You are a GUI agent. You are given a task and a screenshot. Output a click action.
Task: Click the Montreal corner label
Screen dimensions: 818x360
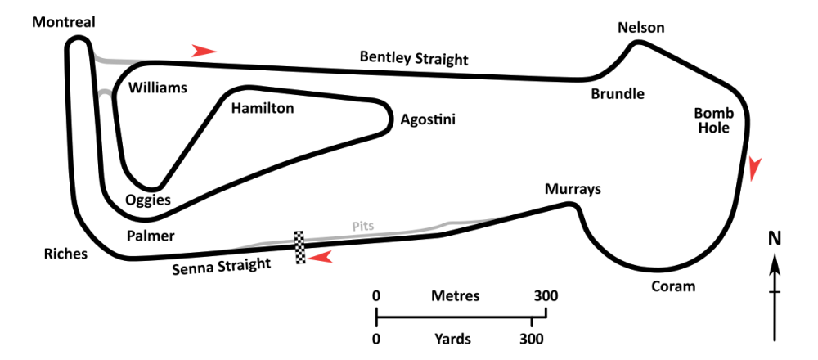(64, 22)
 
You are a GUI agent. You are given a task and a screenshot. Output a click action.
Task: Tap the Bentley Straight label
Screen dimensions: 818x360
(414, 58)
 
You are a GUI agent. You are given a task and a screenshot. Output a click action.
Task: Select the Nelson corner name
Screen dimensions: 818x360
(641, 27)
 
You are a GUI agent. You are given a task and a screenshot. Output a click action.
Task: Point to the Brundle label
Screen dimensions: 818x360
(618, 94)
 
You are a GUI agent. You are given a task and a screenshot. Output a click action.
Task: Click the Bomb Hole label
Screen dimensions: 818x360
(714, 120)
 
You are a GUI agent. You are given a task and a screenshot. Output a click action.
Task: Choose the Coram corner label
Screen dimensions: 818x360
(673, 286)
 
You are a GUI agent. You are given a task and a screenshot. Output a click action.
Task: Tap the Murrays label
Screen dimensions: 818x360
(573, 189)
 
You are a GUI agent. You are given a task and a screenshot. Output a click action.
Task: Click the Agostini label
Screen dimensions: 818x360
(428, 120)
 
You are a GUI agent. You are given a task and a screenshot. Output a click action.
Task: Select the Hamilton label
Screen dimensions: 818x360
(263, 109)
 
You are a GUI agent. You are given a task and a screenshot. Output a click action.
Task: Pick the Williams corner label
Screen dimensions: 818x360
(158, 88)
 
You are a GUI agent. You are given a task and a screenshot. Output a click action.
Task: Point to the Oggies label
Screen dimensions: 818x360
(148, 200)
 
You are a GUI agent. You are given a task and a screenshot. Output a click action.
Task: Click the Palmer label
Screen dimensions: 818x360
(151, 236)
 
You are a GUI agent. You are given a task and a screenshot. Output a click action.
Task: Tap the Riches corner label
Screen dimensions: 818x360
(65, 254)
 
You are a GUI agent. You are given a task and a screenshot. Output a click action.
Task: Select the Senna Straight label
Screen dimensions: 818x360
(222, 266)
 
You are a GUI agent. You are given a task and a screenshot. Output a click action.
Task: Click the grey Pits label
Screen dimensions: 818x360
(363, 227)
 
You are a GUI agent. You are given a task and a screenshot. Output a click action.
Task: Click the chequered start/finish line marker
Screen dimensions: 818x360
(299, 247)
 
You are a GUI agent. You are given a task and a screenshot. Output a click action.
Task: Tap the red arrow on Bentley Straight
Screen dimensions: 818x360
(204, 51)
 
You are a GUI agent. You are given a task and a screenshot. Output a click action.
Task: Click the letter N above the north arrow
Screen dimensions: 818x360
(775, 238)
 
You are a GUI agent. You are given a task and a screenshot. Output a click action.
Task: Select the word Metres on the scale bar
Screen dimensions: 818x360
(455, 296)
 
